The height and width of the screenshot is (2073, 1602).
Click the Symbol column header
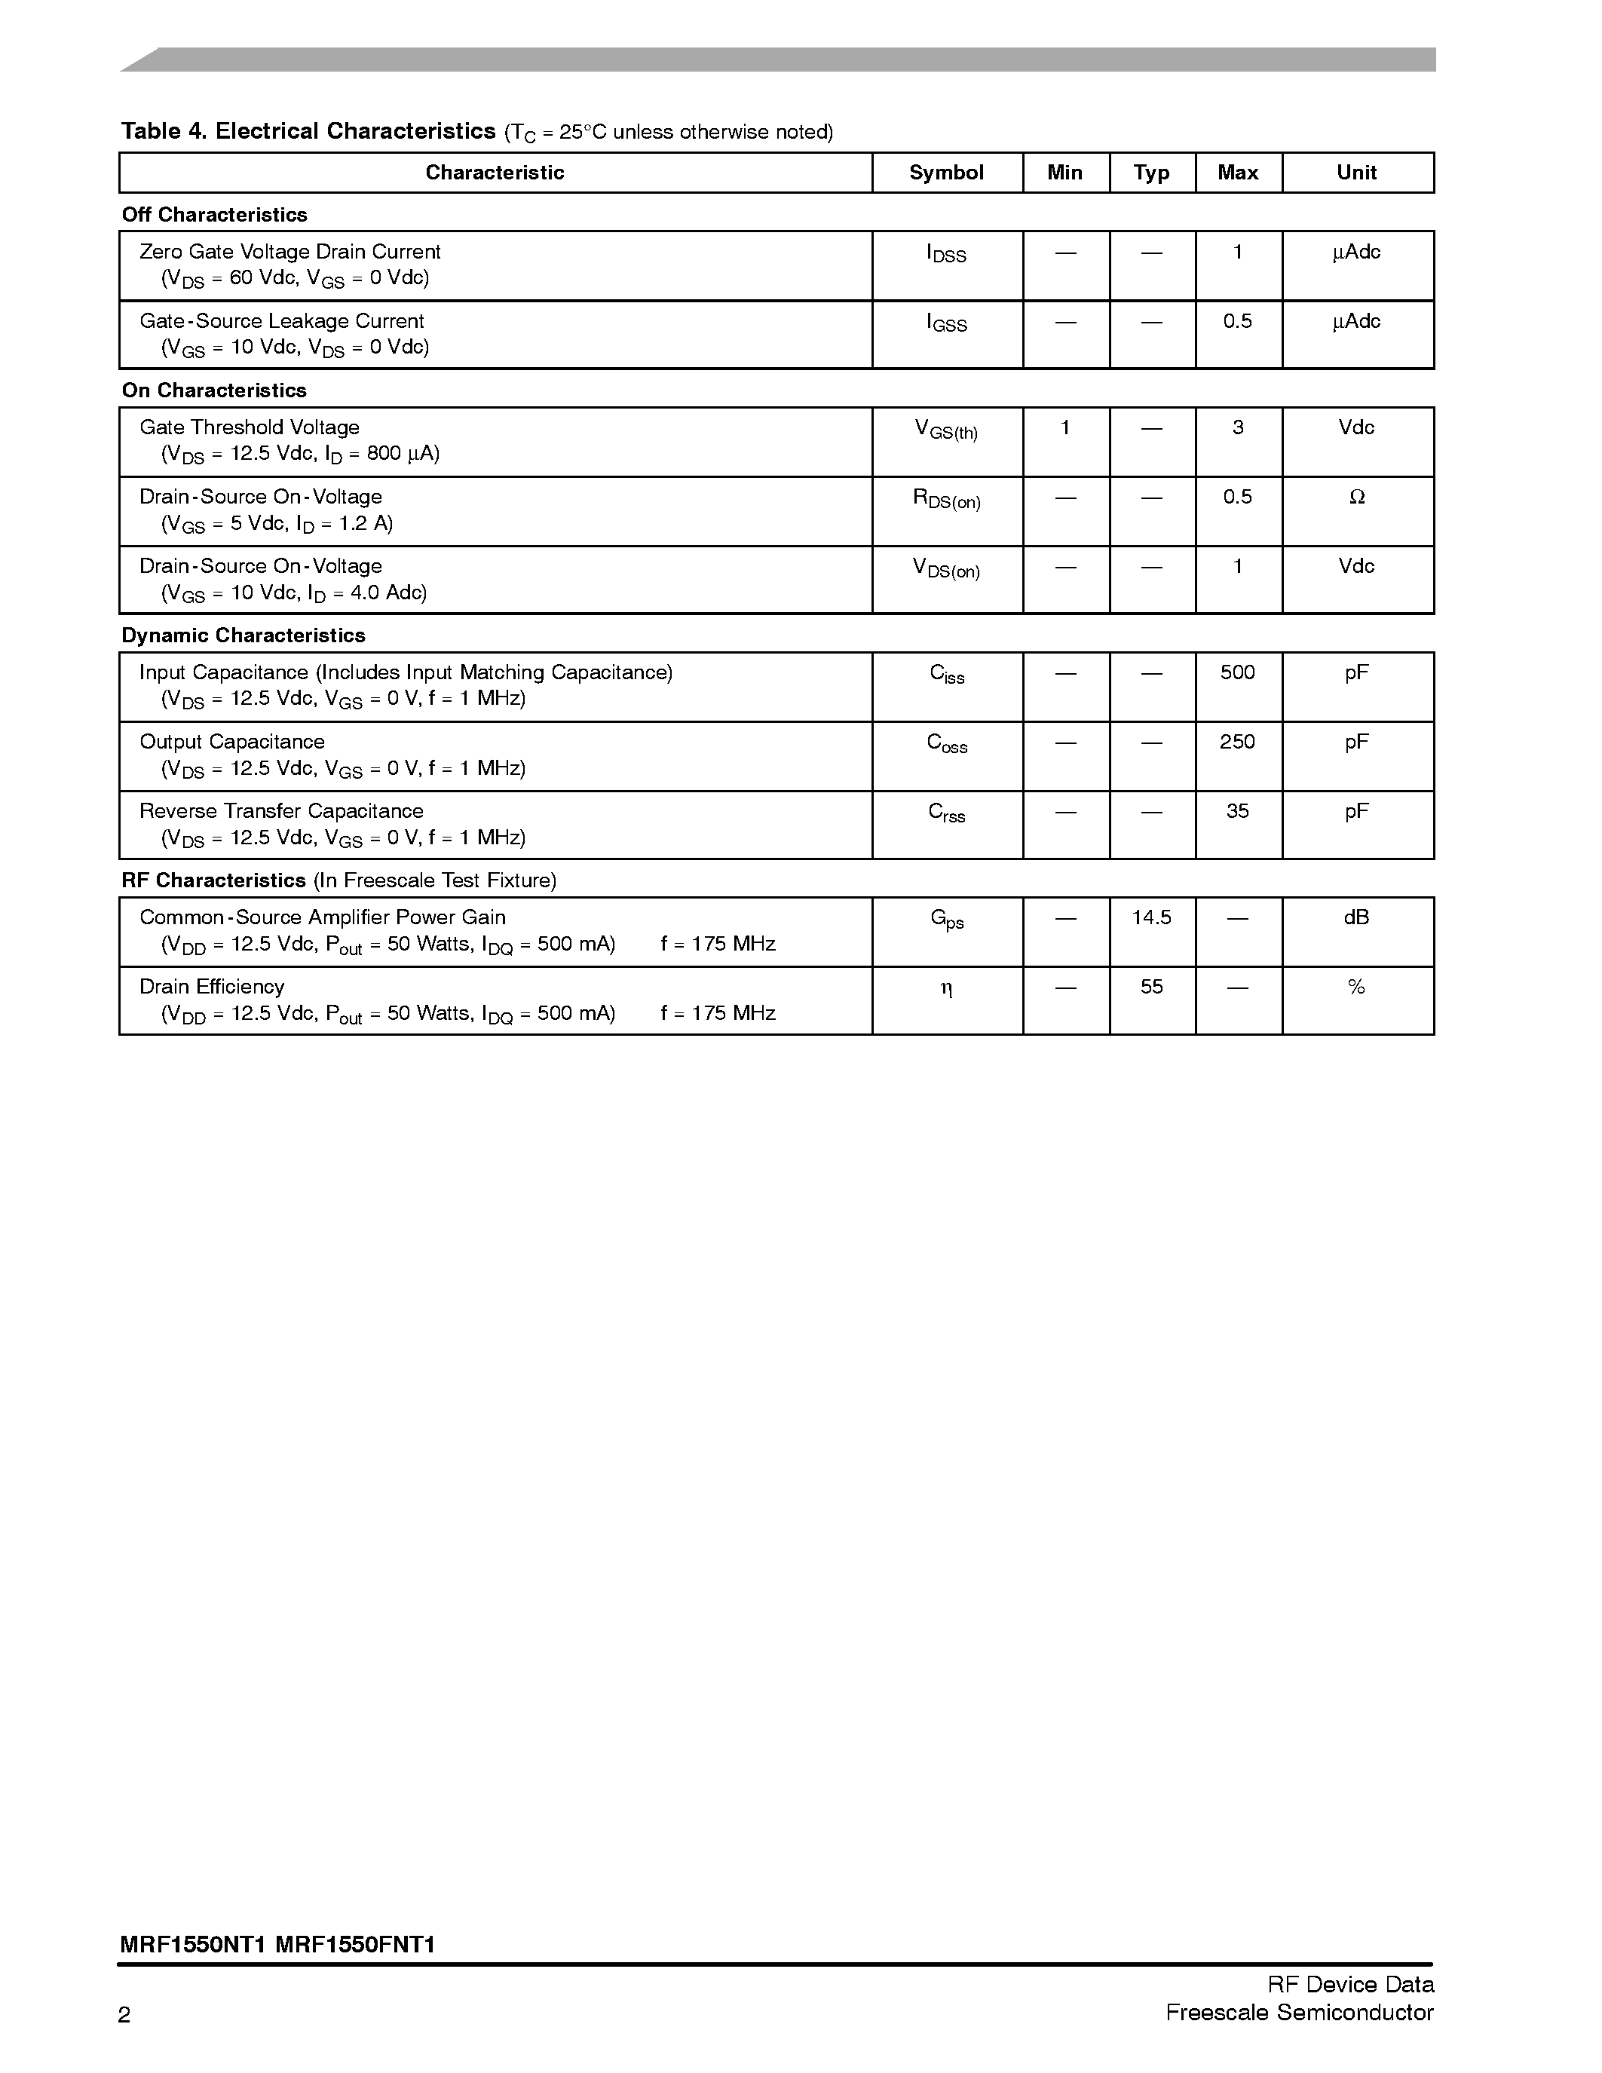(x=946, y=173)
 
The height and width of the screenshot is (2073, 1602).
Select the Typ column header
(x=1151, y=173)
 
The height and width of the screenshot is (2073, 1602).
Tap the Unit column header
(x=1356, y=173)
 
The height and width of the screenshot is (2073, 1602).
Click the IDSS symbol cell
(x=946, y=254)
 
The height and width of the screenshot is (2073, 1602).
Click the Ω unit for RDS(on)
(x=1356, y=498)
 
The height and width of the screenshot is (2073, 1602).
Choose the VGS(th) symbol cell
(x=946, y=430)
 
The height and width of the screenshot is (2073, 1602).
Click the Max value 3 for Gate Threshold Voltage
(x=1238, y=428)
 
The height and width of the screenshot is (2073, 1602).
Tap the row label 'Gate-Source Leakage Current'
(x=281, y=322)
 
